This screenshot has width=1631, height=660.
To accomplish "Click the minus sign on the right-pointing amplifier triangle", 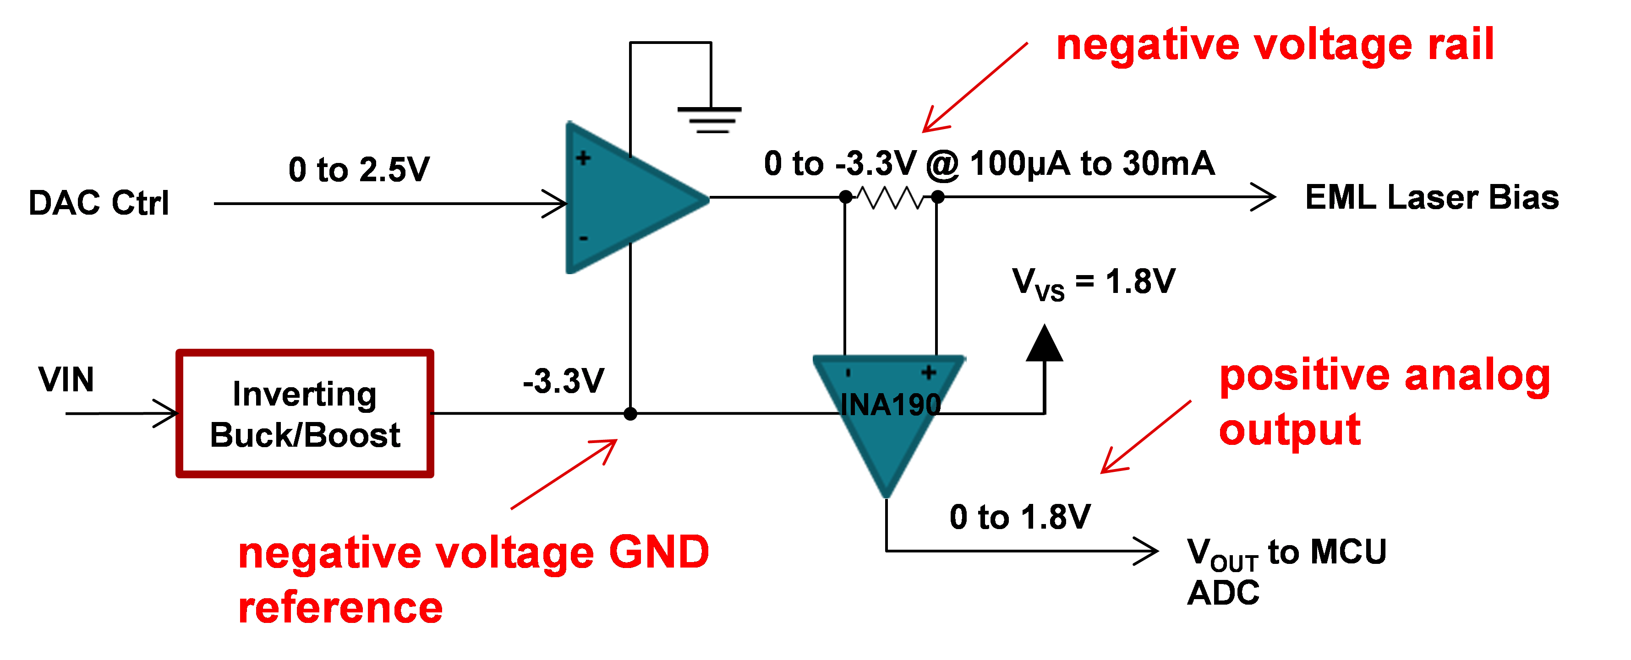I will [x=583, y=238].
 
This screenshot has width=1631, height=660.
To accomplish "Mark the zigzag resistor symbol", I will [x=890, y=199].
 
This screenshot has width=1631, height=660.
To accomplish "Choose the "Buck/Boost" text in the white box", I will [x=305, y=435].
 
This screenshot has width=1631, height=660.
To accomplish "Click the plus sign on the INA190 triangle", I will [x=929, y=372].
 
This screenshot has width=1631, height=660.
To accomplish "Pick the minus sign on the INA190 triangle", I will [x=848, y=373].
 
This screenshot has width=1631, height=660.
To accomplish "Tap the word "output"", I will [x=1290, y=430].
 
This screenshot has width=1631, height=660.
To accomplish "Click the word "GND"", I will [x=658, y=552].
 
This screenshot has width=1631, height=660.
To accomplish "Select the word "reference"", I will [x=340, y=607].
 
